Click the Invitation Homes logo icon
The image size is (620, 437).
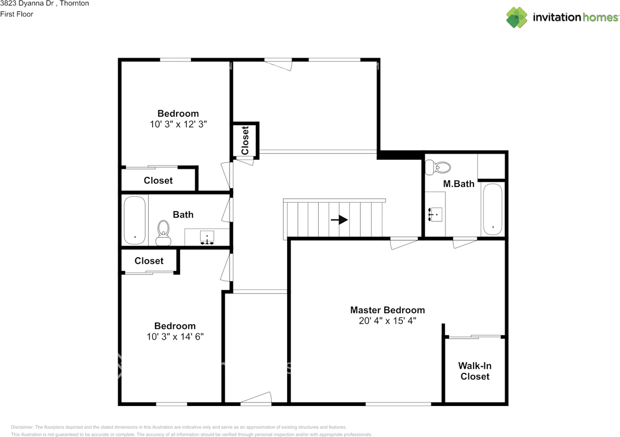point(517,17)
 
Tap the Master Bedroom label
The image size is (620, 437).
point(387,310)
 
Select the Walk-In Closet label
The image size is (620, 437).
point(475,371)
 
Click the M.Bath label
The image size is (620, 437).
point(459,184)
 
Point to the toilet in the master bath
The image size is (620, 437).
point(438,168)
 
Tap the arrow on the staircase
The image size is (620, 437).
point(340,220)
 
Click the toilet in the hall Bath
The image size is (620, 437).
point(163,232)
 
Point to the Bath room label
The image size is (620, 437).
point(183,214)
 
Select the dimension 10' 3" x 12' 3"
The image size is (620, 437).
point(178,124)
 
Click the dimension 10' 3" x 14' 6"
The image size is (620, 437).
point(175,336)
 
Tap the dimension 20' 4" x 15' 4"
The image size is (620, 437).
point(387,321)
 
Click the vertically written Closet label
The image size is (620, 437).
point(245,140)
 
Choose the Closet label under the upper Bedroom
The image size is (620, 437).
point(158,181)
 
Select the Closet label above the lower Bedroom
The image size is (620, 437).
point(149,261)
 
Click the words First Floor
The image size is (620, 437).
point(17,14)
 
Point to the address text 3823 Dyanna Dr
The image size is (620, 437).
point(27,3)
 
